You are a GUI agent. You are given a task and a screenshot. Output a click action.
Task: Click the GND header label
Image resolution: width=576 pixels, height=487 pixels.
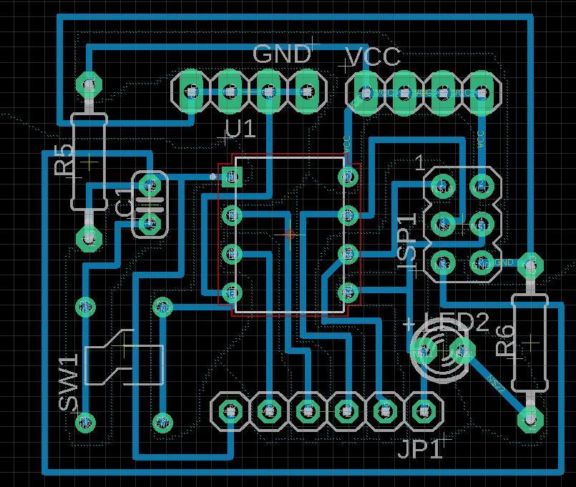[x=282, y=54]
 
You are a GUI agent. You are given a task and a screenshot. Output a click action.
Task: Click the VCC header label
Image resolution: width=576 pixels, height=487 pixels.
[x=373, y=56]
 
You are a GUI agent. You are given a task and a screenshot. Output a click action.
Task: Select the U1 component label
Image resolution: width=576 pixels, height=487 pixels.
[x=240, y=129]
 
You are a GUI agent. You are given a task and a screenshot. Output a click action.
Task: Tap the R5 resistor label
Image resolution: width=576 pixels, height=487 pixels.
[x=64, y=159]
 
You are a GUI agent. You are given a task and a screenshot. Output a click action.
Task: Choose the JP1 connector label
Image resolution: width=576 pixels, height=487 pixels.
[x=420, y=450]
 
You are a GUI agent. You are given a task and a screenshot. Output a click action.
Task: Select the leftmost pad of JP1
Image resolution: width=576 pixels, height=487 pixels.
[x=230, y=411]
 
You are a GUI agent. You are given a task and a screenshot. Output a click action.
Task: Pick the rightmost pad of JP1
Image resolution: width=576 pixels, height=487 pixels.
[x=425, y=411]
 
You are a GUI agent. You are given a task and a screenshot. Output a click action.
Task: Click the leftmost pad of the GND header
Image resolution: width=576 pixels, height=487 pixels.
[x=191, y=92]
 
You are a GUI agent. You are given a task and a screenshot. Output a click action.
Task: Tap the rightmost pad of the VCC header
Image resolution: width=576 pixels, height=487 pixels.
[x=482, y=92]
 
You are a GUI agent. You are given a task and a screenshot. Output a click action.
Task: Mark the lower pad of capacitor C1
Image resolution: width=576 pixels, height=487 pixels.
[x=150, y=224]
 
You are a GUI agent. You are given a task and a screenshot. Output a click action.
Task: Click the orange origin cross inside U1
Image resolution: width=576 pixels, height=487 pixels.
[x=290, y=235]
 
